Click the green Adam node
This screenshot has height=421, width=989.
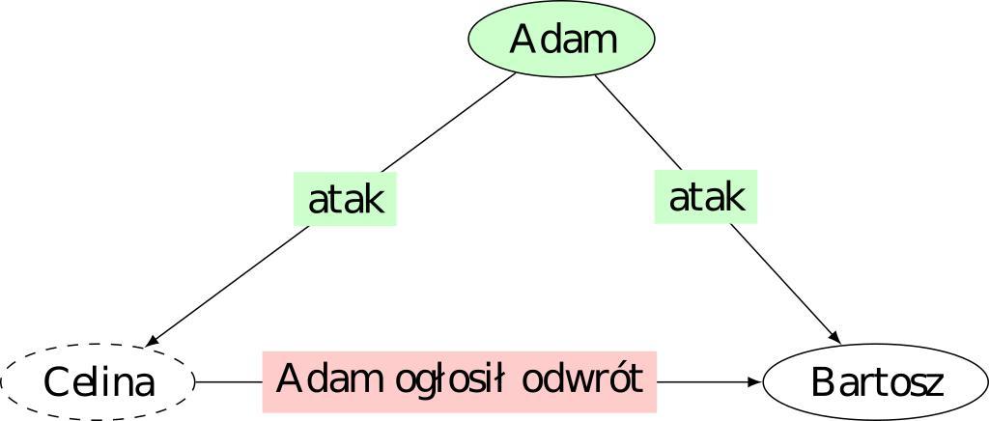562,40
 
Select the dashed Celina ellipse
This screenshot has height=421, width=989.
99,382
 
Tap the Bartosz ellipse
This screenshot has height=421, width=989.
875,382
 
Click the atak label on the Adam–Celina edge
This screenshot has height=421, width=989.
346,200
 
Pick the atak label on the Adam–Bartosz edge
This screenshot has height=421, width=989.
706,197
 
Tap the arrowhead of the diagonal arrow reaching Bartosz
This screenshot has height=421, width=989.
835,337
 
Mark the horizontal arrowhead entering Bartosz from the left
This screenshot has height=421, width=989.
754,382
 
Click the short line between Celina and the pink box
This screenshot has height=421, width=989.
229,382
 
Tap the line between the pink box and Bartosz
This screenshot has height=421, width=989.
705,382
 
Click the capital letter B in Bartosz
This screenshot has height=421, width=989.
822,383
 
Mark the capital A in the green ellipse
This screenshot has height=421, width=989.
523,40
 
